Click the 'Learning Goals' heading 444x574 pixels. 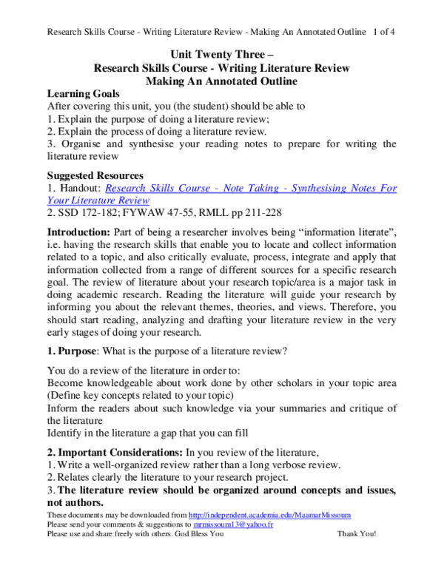click(x=81, y=94)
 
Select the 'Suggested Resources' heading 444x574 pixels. click(x=95, y=176)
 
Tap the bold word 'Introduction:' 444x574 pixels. click(x=78, y=233)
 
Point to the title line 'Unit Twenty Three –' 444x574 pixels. click(x=221, y=55)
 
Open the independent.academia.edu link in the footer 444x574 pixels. click(x=270, y=514)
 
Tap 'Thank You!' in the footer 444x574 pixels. click(x=357, y=533)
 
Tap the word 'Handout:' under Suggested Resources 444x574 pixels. click(x=79, y=189)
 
